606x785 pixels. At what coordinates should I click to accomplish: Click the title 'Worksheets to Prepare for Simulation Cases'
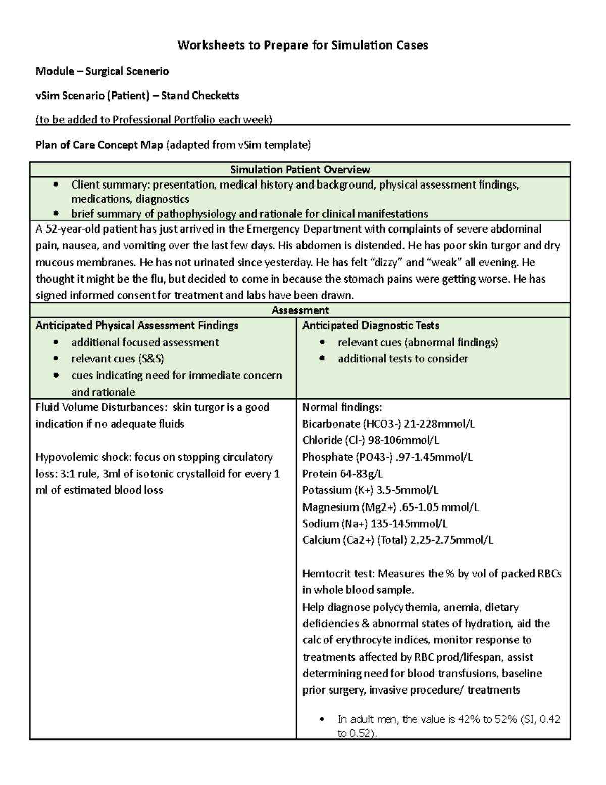pos(302,45)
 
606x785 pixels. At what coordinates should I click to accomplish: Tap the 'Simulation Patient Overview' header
pos(300,169)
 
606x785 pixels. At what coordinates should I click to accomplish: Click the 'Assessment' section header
pos(300,310)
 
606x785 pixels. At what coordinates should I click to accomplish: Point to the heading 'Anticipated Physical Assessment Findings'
pos(137,326)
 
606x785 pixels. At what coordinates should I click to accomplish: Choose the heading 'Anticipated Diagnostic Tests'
pos(371,326)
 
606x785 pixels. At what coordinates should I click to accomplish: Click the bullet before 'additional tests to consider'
pos(322,359)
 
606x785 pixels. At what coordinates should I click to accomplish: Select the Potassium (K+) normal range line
pos(370,490)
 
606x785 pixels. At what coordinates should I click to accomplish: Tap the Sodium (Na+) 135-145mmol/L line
pos(375,524)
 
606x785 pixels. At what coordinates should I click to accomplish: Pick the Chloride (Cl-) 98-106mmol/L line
pos(370,440)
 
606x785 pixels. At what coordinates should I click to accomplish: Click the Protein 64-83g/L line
pos(342,474)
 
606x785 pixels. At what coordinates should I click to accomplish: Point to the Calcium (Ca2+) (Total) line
pos(397,540)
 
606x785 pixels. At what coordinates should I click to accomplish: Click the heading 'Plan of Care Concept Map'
pos(99,145)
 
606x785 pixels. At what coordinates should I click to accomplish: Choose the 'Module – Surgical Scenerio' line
pos(102,71)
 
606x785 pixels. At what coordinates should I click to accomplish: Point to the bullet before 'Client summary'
pos(56,184)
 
